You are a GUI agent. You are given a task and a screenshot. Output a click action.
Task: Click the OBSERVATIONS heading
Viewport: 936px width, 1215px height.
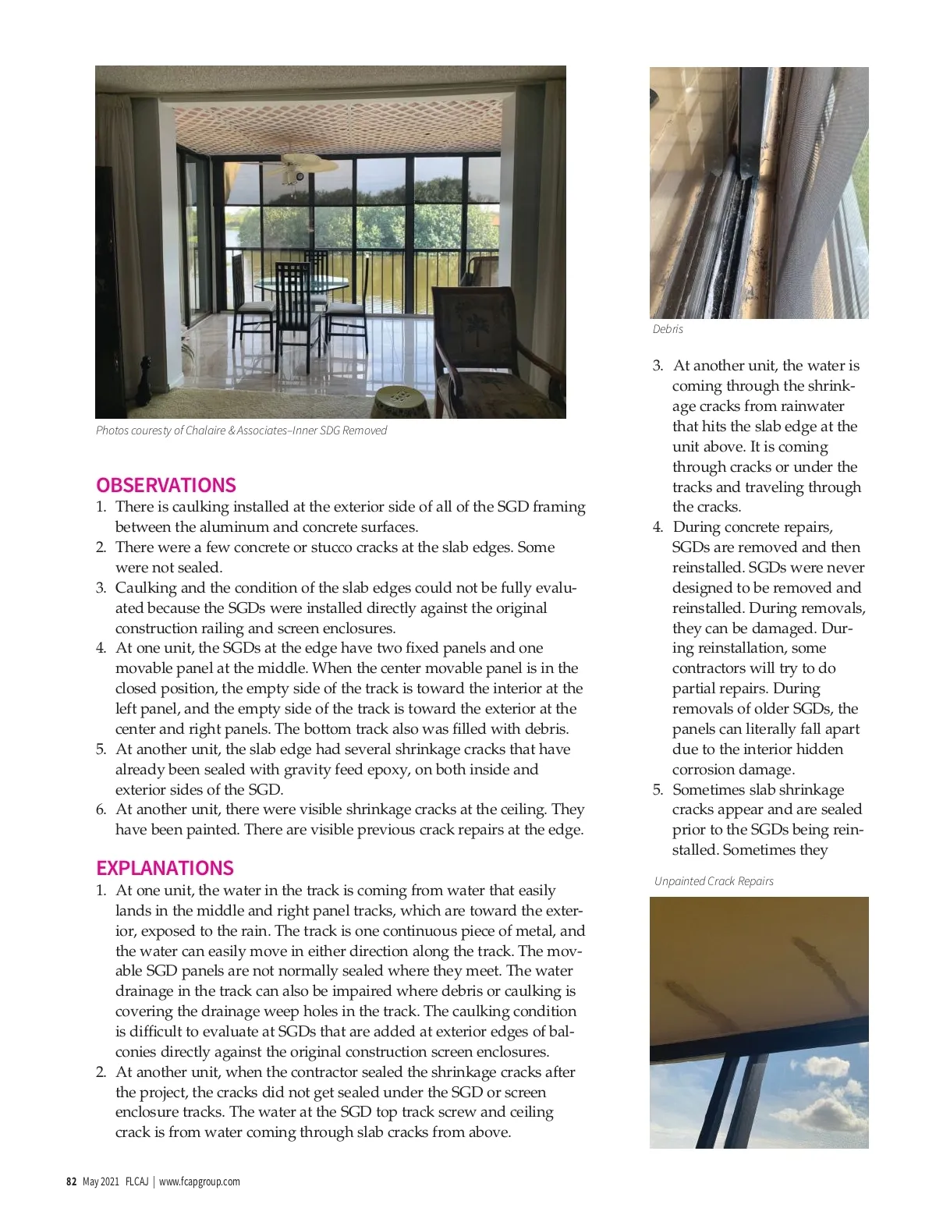point(165,485)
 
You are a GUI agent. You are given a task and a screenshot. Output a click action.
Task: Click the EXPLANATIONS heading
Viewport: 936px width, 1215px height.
point(165,868)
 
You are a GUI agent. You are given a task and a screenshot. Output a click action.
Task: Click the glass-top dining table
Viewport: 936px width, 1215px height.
point(301,282)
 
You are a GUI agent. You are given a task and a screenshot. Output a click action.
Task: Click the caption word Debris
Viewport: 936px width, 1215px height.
point(668,329)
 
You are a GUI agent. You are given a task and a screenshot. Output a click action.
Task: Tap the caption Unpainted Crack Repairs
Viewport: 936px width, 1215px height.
point(714,881)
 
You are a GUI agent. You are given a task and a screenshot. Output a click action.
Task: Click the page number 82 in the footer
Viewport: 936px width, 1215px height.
point(71,1181)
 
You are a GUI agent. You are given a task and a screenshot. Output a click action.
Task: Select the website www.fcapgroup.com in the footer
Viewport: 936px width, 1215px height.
point(200,1181)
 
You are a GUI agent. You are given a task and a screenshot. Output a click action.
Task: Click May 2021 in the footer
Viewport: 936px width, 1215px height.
point(101,1181)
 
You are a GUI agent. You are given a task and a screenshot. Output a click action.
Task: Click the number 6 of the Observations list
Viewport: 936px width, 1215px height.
point(101,809)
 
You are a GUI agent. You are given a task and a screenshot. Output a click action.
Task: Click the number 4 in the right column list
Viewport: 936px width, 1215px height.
point(658,527)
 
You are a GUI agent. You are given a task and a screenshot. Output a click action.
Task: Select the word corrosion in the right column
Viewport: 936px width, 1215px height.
point(704,770)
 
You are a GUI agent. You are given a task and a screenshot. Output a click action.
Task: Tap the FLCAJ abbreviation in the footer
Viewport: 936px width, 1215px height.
point(136,1181)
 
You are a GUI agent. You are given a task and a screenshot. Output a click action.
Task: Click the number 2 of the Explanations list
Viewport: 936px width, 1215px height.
point(101,1072)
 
